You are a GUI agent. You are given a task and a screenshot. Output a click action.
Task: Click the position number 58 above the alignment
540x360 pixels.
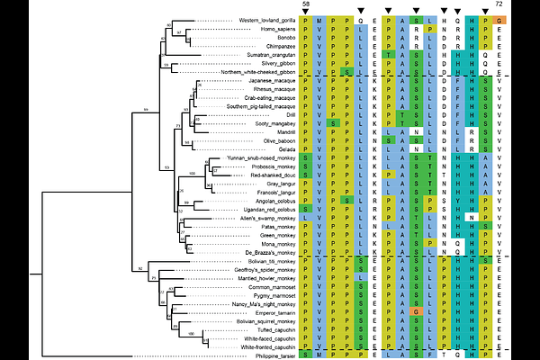pos(306,4)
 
